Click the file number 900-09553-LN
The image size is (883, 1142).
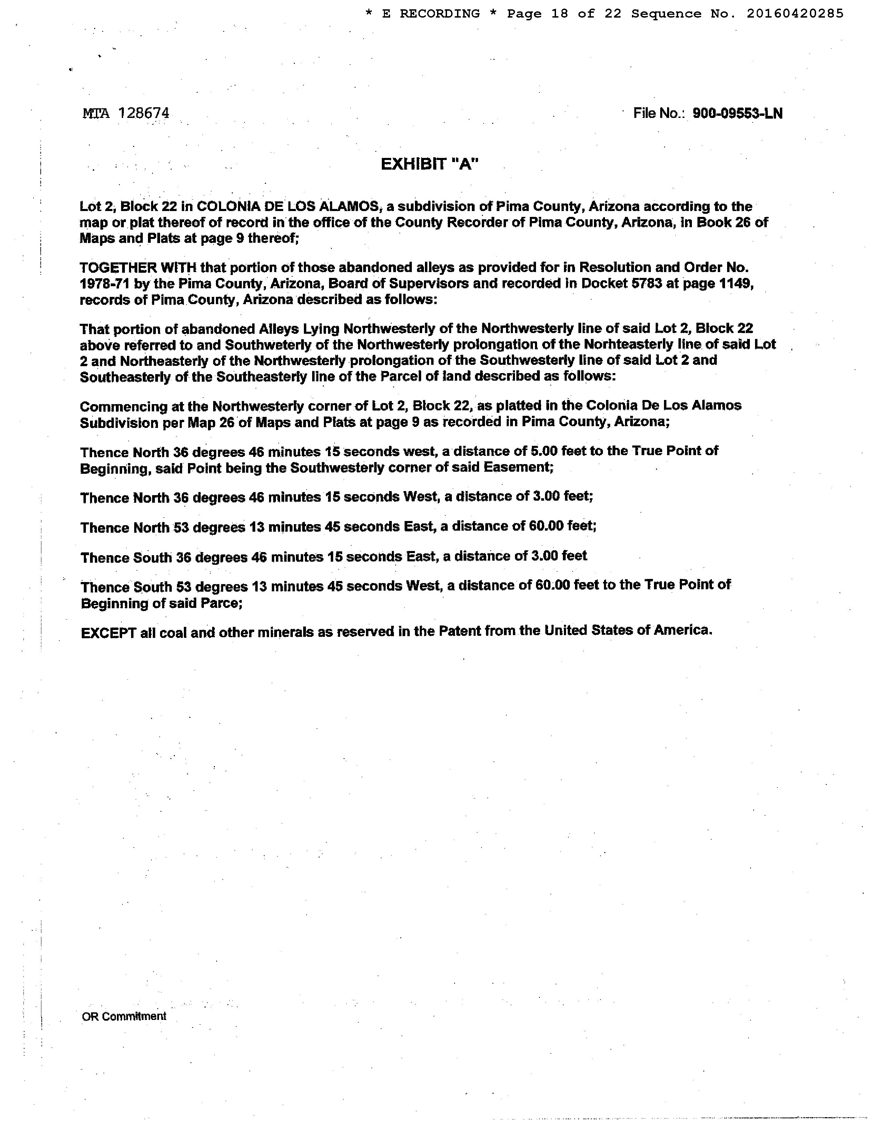(x=737, y=113)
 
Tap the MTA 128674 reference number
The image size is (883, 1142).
(x=126, y=113)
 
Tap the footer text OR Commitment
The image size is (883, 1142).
(x=124, y=1016)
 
